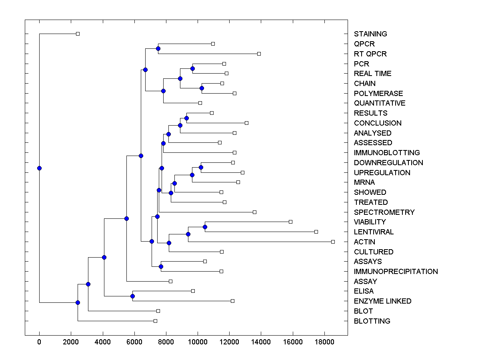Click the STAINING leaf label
point(370,34)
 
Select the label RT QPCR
point(370,54)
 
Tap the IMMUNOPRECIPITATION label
point(396,272)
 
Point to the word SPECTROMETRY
point(384,212)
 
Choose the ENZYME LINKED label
point(382,301)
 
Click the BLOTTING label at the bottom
point(372,321)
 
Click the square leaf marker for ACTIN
point(333,242)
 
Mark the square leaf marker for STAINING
point(78,34)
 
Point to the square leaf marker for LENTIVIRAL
point(316,232)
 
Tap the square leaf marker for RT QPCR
point(259,54)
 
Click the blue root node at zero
point(39,168)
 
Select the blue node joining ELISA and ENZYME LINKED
point(132,296)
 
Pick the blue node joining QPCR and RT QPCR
point(158,48)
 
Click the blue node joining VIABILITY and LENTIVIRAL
point(205,227)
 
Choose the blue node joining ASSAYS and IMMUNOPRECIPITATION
point(161,266)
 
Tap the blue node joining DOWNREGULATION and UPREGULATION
point(201,167)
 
